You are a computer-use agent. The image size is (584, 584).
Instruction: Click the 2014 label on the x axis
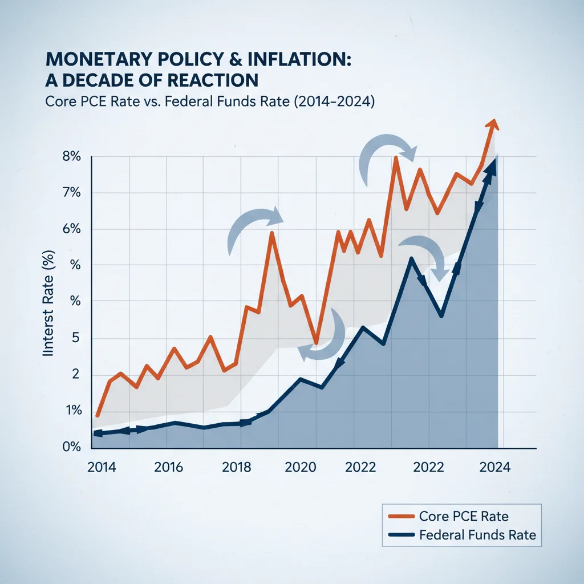coord(102,467)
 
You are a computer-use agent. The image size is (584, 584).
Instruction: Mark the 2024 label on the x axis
coord(496,467)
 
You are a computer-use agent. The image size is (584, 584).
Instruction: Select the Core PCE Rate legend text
coord(464,516)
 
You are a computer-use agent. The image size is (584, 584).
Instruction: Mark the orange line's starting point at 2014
coord(98,415)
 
